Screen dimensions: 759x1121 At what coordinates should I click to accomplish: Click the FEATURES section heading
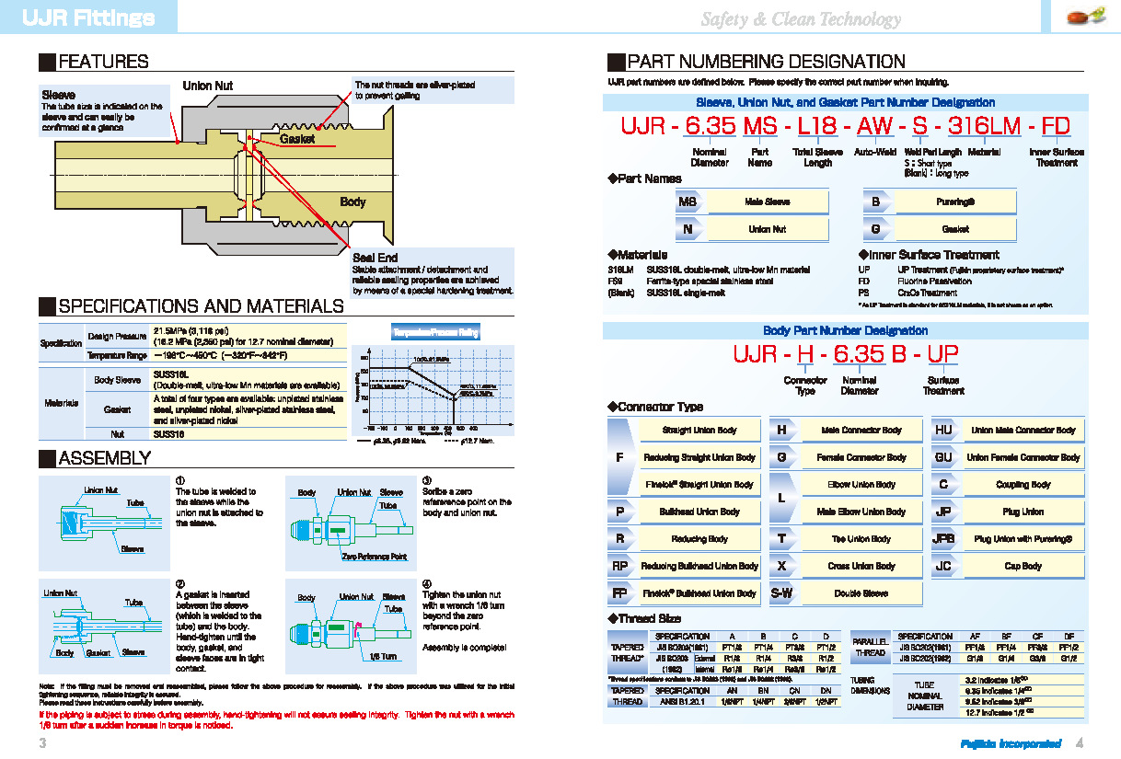[102, 63]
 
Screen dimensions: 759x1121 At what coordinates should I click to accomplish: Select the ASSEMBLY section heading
[103, 458]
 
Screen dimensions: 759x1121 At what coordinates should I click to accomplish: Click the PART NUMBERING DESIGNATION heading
[765, 63]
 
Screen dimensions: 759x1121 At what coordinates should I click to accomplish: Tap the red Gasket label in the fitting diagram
[297, 139]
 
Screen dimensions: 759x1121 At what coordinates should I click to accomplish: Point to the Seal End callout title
[375, 258]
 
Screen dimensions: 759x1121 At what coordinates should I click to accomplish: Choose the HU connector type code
[943, 430]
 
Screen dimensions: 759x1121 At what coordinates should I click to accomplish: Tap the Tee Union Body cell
[861, 539]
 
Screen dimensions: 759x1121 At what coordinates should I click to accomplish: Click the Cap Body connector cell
[1023, 567]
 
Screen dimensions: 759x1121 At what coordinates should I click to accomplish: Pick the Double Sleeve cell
[861, 594]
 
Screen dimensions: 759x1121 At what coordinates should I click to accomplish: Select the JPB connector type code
[943, 539]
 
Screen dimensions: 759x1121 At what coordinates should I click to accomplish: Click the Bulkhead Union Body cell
[699, 512]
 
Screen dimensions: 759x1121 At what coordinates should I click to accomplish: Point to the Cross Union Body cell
[861, 567]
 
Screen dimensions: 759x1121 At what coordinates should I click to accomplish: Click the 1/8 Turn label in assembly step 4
[382, 657]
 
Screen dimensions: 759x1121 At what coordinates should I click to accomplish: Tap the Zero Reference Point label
[374, 557]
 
